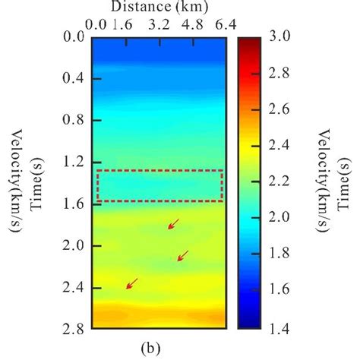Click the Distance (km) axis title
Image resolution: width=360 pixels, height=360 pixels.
click(159, 8)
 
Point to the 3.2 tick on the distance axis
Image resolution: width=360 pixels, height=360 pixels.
click(159, 24)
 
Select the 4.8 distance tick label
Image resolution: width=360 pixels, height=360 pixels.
click(192, 24)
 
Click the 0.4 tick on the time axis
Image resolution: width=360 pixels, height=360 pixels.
click(73, 78)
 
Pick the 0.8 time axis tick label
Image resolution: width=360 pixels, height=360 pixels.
click(73, 120)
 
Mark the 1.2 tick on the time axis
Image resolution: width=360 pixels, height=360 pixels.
click(73, 163)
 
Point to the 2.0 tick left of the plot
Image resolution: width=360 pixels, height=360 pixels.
click(73, 246)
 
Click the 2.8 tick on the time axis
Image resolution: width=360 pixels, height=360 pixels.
click(73, 330)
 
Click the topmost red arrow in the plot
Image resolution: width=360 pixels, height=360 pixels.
click(174, 223)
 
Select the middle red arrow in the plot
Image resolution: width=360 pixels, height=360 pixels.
click(183, 255)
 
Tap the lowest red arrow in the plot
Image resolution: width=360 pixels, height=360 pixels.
click(132, 283)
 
